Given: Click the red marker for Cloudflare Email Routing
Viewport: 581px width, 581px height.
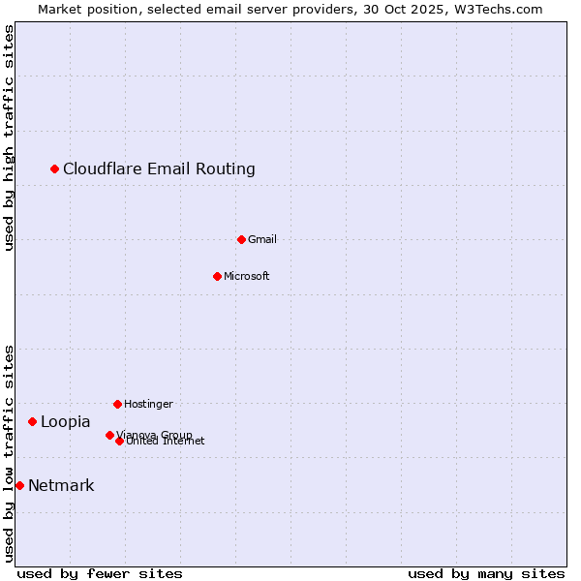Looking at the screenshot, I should (x=55, y=169).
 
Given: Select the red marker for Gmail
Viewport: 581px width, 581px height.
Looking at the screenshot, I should (x=241, y=239).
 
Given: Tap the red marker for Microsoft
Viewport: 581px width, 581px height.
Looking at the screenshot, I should (x=217, y=276).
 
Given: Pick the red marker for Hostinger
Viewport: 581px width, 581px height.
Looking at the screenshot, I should (x=117, y=404).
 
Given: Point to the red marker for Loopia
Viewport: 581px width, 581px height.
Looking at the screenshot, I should (x=33, y=421).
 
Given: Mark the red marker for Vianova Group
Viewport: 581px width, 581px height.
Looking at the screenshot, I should (x=109, y=435).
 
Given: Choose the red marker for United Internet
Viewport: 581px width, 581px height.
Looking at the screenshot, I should (x=119, y=441).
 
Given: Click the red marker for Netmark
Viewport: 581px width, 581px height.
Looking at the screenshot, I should (x=19, y=485).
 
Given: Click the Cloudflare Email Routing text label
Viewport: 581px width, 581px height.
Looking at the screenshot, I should (x=159, y=169).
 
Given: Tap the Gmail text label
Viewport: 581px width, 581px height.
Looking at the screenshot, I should (x=262, y=239).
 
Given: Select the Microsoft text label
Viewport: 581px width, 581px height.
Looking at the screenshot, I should (x=247, y=276).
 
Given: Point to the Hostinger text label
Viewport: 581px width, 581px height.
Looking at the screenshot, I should (x=148, y=404).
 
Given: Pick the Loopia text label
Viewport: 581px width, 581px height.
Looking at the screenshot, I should (x=66, y=422).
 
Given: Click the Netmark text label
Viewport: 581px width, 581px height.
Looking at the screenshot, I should (x=61, y=486).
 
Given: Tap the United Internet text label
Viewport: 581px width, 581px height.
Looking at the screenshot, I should (x=167, y=442).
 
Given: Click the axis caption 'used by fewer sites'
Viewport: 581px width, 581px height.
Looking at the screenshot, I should (x=100, y=573).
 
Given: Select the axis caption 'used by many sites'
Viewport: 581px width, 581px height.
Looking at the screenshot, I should (x=486, y=573).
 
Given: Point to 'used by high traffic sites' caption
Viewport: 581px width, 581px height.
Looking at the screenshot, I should (x=10, y=138).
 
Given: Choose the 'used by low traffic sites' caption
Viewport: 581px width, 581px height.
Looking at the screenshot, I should (x=10, y=453).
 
